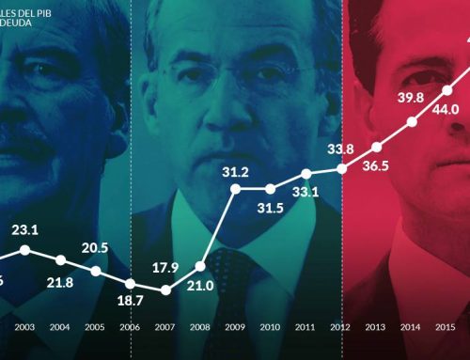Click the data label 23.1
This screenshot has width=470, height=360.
(24, 228)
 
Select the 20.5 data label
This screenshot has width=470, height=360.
(95, 248)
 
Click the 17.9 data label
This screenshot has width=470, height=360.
(165, 267)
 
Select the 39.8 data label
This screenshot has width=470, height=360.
(411, 98)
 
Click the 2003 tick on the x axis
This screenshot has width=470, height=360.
(24, 327)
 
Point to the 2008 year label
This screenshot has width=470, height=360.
(200, 327)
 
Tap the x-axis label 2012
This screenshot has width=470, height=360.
(340, 327)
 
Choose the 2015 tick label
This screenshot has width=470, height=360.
(446, 327)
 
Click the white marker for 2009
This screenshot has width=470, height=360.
(235, 189)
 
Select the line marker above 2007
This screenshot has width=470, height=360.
(165, 289)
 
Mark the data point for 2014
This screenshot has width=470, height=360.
(411, 122)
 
